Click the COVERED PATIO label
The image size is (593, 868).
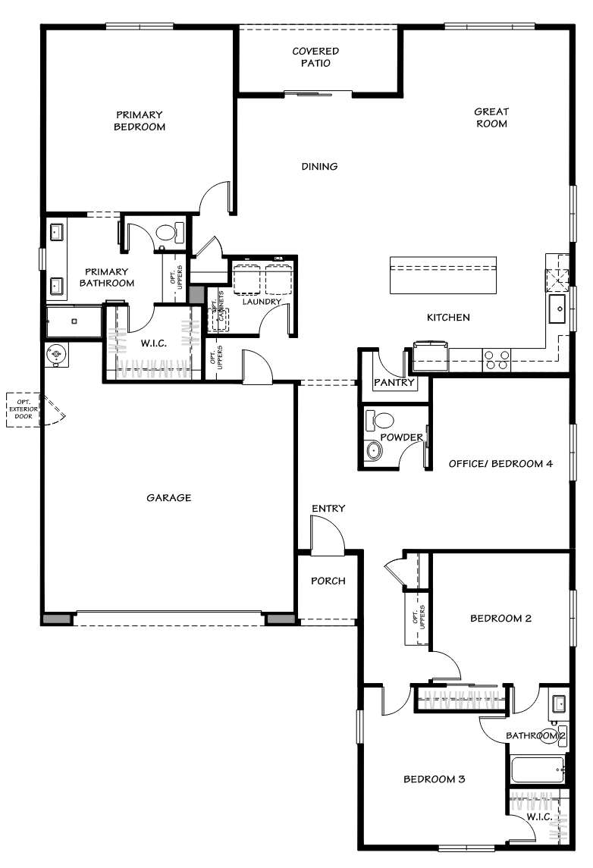(315, 58)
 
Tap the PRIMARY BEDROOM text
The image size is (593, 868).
(140, 121)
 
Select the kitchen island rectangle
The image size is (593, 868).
(443, 274)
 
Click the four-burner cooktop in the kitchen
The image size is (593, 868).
(496, 359)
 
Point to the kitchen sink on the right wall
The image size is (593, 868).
(558, 307)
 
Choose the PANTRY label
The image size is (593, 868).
(394, 383)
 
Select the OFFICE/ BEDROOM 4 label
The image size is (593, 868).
(500, 464)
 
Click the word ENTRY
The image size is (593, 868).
(328, 509)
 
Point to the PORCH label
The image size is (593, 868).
(328, 581)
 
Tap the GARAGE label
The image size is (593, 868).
(168, 498)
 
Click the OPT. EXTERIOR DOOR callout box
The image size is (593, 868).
(23, 410)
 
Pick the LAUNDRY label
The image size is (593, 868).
(262, 302)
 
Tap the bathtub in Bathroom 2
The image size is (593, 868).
(537, 770)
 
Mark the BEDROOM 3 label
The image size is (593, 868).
(433, 779)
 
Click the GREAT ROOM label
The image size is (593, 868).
(491, 118)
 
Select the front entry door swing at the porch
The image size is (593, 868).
(328, 534)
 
